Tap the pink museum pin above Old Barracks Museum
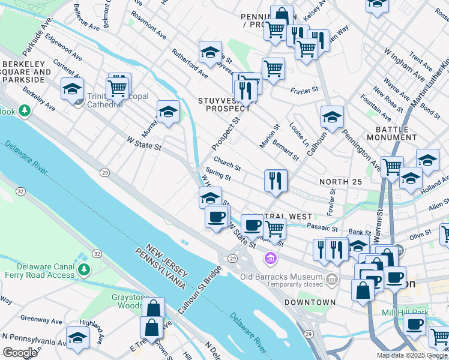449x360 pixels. coord(270,259)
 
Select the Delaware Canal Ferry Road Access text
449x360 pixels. coord(38,271)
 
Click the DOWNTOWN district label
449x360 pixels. coord(310,302)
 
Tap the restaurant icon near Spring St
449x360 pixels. coord(276,180)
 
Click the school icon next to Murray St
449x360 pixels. coord(168,111)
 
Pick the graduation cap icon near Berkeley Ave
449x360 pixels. coord(72,89)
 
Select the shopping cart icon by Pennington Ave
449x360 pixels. coord(392,166)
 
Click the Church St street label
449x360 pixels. coord(227,164)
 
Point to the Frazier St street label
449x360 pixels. coord(304,90)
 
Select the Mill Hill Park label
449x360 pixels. coord(408,313)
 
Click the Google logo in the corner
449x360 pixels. coord(20,353)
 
